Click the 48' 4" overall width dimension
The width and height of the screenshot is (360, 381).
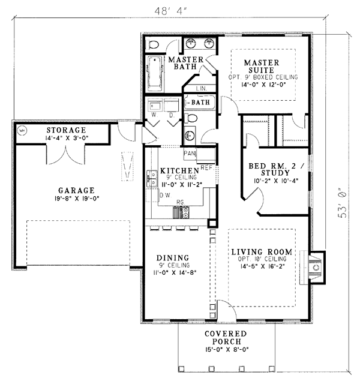(x=170, y=11)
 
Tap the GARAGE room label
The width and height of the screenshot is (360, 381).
(x=76, y=190)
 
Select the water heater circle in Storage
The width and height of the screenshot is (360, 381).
(x=22, y=130)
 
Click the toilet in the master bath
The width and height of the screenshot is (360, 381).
(x=152, y=45)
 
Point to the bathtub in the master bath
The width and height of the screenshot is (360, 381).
(x=155, y=74)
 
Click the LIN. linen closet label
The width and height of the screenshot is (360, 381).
(x=202, y=88)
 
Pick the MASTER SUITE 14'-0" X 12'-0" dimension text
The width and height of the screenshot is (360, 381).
(x=263, y=85)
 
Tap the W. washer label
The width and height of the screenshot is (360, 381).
(x=154, y=115)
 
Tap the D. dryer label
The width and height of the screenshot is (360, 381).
(x=172, y=115)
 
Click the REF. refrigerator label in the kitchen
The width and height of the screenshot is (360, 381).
(x=206, y=167)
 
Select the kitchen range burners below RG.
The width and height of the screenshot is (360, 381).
(x=181, y=212)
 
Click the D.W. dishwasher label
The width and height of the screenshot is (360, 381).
(x=166, y=195)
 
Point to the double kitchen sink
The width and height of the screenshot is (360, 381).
(x=152, y=179)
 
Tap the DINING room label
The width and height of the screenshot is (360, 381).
(x=173, y=258)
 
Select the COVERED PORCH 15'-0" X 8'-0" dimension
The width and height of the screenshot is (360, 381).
(x=227, y=350)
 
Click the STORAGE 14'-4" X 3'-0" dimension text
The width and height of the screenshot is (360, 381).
(x=67, y=138)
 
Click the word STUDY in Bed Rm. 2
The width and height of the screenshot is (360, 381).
(x=275, y=173)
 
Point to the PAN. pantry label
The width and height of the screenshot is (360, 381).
(x=190, y=154)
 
